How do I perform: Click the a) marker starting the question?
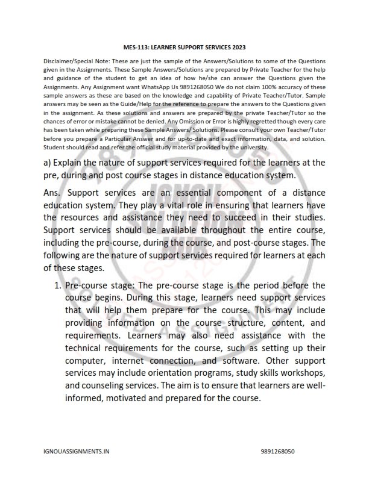(x=48, y=163)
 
